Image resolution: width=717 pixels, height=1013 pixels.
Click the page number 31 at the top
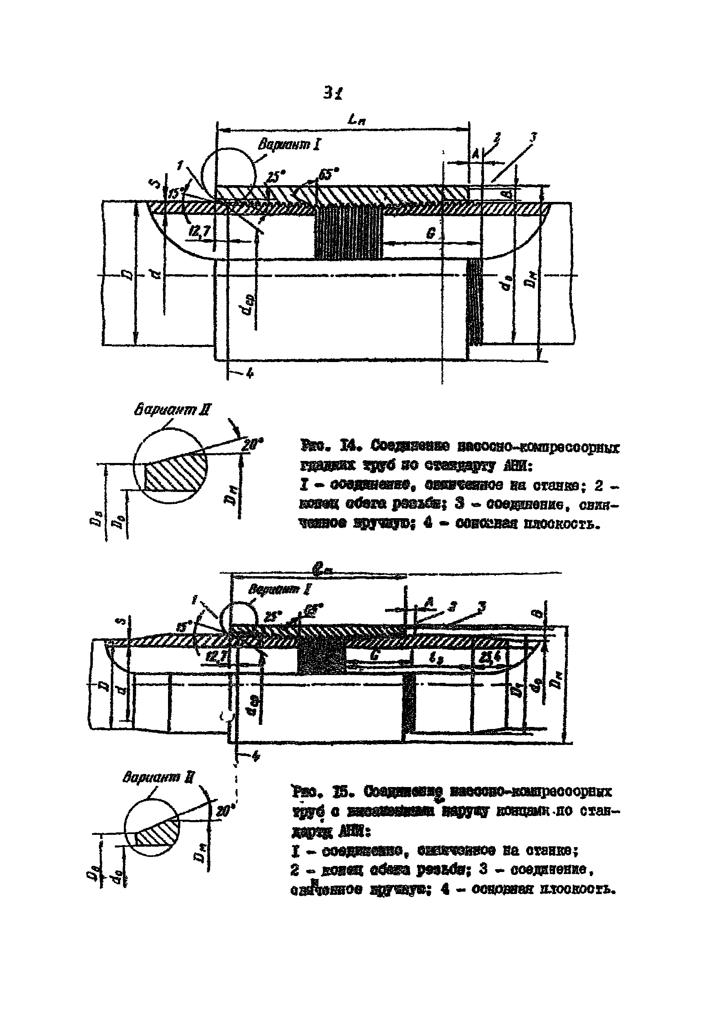tap(333, 93)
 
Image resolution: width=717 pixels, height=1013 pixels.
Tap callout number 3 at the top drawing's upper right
tap(533, 138)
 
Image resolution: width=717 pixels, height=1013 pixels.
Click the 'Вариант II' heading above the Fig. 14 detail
tap(172, 410)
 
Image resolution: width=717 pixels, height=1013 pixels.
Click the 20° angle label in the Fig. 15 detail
tap(224, 810)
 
